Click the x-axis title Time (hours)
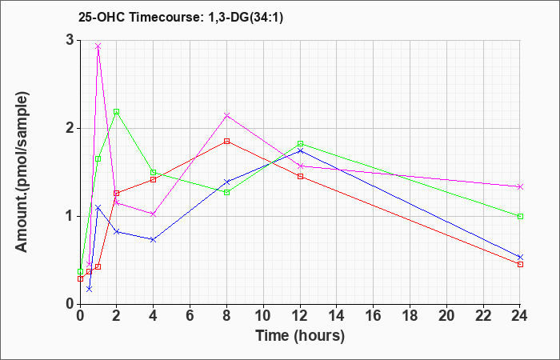pos(300,336)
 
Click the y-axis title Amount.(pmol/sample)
pos(22,172)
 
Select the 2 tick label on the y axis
pos(70,128)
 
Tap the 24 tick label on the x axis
pos(520,315)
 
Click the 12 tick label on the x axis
pos(300,315)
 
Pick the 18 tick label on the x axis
pos(410,315)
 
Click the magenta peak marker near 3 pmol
pos(98,46)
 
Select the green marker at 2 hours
pos(117,112)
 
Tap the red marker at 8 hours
pos(227,141)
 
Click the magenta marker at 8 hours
pos(227,115)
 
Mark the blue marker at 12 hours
pos(300,150)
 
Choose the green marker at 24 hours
pos(520,216)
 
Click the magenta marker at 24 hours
pos(520,186)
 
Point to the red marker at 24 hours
pos(520,264)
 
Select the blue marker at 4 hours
pos(153,239)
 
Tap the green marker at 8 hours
pos(227,192)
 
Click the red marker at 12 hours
pos(300,176)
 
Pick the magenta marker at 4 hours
pos(153,214)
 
